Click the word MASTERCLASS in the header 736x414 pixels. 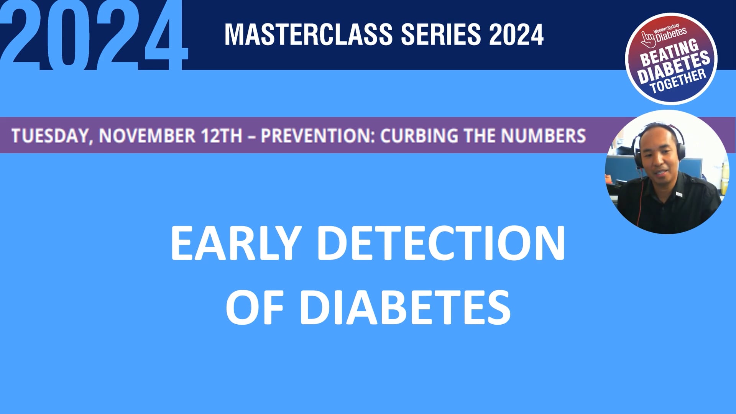309,34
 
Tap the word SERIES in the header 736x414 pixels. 440,34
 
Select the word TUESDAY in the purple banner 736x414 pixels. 50,136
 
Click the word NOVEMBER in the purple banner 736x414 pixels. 147,136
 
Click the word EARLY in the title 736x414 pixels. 234,243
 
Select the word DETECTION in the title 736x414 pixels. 441,243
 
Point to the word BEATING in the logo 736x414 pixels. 669,54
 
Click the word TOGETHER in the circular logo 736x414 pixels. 678,82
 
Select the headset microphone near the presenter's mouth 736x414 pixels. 639,168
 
